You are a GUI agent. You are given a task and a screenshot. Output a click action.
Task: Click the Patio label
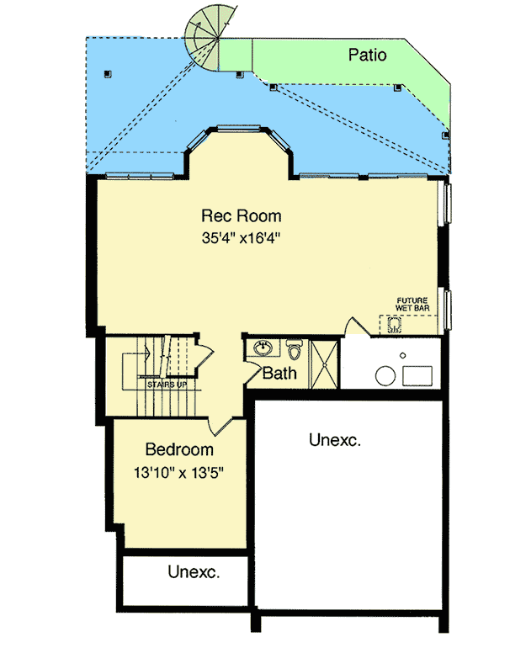point(367,56)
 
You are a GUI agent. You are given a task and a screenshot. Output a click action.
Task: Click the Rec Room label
point(241,216)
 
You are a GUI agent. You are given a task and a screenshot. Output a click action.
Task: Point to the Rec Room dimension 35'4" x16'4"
point(241,237)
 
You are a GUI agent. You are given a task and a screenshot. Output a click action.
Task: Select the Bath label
point(279,373)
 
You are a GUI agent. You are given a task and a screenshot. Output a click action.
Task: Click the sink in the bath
point(263,348)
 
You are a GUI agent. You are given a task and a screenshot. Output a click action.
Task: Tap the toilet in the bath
point(294,348)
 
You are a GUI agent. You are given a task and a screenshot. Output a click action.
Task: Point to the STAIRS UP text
point(167,384)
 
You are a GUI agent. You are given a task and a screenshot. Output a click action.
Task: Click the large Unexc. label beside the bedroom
point(335,439)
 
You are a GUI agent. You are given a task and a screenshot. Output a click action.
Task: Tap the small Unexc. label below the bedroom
point(194,573)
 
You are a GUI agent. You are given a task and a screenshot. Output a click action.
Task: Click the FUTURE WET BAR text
point(412,304)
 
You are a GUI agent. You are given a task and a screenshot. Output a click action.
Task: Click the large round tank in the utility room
point(386,375)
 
